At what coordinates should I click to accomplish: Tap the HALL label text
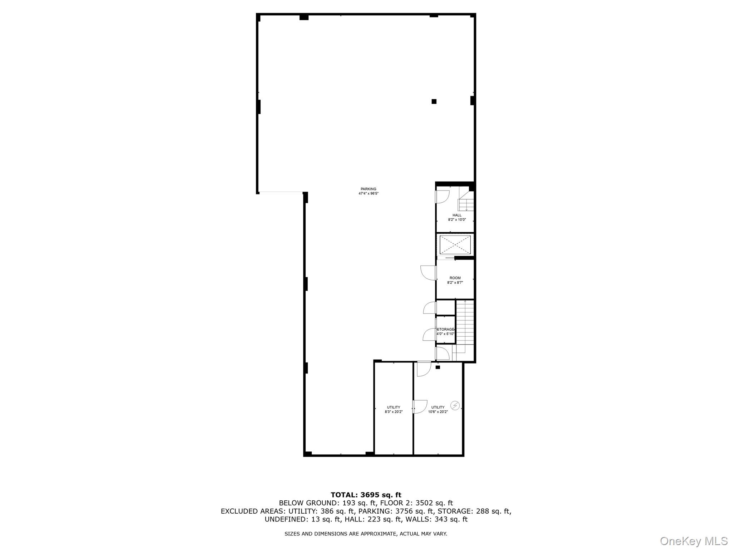coord(457,215)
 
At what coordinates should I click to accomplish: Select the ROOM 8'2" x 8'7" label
coord(455,280)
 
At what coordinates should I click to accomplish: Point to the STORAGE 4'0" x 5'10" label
coord(445,331)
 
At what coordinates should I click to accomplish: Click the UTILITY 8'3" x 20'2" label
coord(394,409)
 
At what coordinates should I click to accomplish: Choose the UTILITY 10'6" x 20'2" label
coord(438,409)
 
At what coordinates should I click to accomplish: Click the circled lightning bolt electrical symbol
coord(455,405)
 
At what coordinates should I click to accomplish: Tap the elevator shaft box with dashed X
coord(455,245)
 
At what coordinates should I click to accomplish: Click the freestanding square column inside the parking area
coord(434,102)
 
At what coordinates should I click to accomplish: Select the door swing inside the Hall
coord(443,197)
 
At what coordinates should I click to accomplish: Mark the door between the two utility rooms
coord(420,406)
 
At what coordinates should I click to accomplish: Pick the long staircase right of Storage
coord(465,322)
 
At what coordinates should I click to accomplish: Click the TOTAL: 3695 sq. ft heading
coord(366,495)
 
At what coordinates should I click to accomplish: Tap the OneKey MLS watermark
coord(694,541)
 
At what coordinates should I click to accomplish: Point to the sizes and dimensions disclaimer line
coord(366,534)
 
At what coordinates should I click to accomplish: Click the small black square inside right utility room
coord(437,367)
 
